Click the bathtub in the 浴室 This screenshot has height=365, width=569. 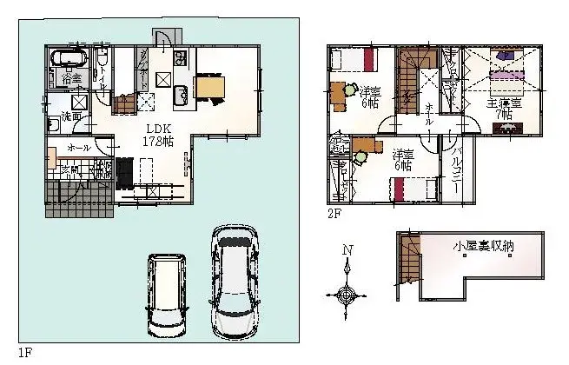pos(68,60)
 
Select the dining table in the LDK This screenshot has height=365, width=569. pos(208,88)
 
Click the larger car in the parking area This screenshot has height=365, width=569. pos(234,282)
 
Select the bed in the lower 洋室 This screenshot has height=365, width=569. pos(412,189)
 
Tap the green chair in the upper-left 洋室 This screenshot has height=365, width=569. pos(337,89)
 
